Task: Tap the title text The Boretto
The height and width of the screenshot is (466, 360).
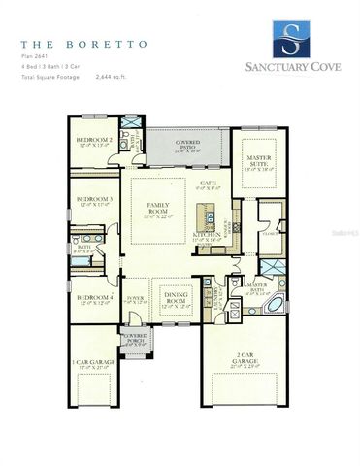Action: point(79,45)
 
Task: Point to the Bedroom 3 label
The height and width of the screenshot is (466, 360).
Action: point(94,200)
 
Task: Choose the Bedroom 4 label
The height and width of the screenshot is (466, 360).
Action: point(94,297)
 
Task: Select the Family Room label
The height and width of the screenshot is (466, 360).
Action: point(157,208)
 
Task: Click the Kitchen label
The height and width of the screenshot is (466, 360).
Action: point(206,235)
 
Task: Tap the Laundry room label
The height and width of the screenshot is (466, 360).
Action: point(211,292)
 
